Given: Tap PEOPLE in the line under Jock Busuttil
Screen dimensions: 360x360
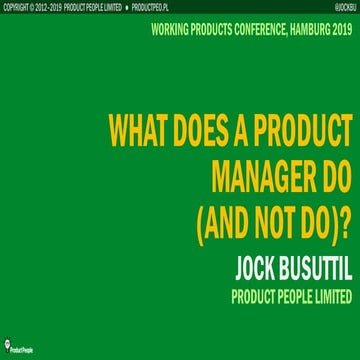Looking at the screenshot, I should tap(283, 270).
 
